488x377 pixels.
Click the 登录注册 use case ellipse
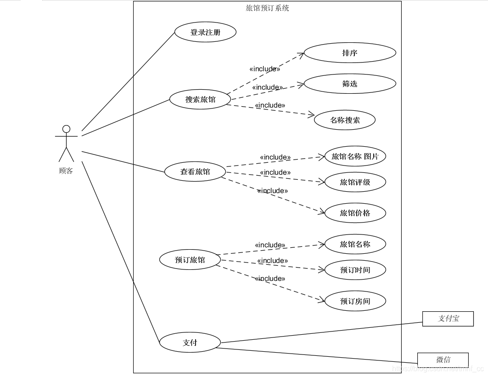tap(205, 32)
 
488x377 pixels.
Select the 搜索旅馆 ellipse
tap(200, 99)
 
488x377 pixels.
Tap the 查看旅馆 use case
tap(195, 171)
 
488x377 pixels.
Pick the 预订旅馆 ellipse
tap(190, 260)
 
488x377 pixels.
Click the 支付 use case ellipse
tap(190, 343)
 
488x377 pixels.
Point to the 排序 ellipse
tap(349, 53)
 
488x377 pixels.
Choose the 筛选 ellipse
tap(349, 84)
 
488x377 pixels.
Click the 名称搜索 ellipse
tap(345, 120)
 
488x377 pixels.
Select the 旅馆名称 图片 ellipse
tap(355, 156)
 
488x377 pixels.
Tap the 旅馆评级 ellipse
tap(355, 182)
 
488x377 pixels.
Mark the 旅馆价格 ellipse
tap(355, 213)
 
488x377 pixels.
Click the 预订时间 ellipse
tap(355, 270)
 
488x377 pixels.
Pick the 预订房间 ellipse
tap(355, 302)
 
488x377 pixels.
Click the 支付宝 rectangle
tap(448, 319)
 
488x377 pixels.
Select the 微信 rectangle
tap(443, 360)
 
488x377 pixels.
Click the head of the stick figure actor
tap(66, 129)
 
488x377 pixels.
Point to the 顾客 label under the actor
tap(66, 171)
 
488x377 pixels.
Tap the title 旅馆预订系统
tap(267, 8)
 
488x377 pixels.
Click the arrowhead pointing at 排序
tap(302, 54)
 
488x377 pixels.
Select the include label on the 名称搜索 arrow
tap(270, 105)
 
